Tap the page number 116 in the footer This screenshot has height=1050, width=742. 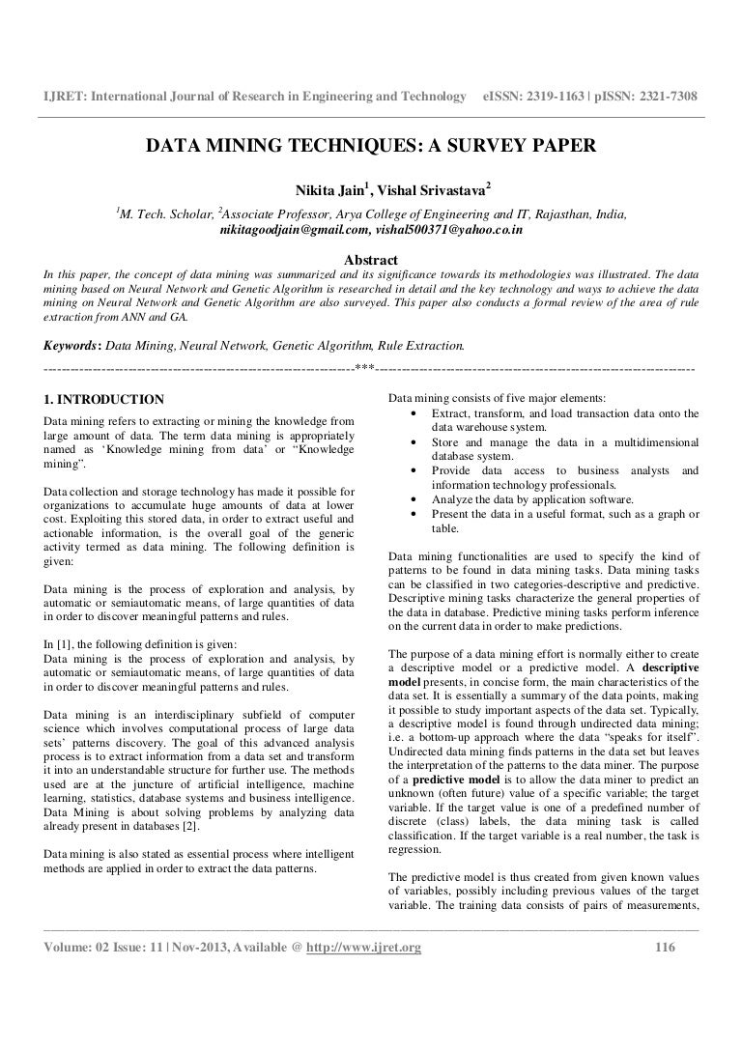click(663, 948)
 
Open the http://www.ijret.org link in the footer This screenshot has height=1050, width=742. click(364, 948)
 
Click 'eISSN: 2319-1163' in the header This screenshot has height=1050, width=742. click(535, 98)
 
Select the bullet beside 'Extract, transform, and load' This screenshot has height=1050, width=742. click(414, 414)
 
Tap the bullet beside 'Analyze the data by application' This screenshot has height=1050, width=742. click(414, 500)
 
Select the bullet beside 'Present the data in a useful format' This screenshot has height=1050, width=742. click(414, 515)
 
